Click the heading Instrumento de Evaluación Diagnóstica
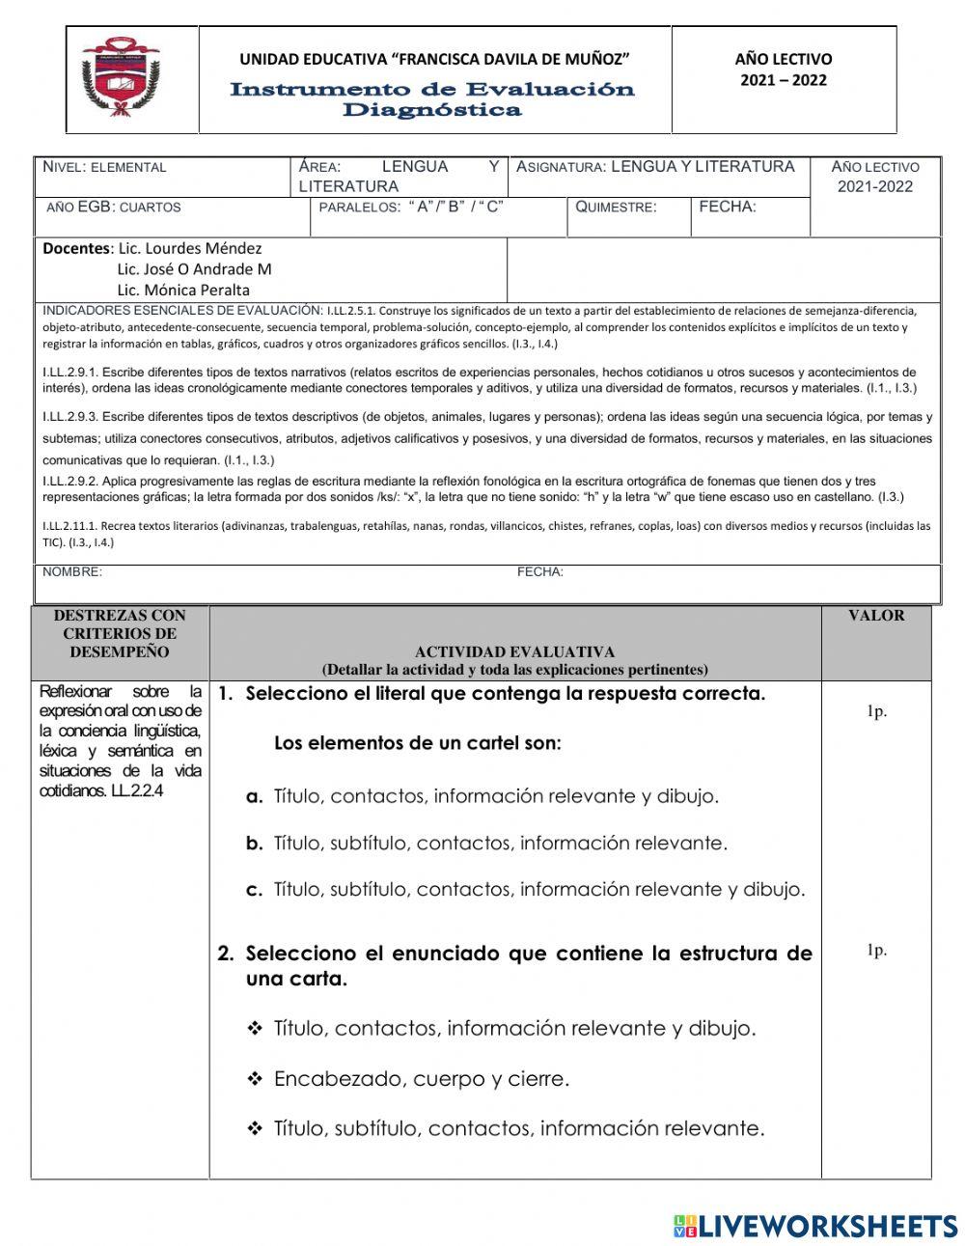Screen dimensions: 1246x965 pyautogui.click(x=432, y=99)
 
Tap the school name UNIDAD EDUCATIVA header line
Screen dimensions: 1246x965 pyautogui.click(x=434, y=60)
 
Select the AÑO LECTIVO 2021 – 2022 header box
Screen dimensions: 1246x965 pyautogui.click(x=783, y=69)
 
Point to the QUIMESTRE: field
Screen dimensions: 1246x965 pyautogui.click(x=616, y=207)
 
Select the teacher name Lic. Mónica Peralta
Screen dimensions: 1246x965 pyautogui.click(x=183, y=290)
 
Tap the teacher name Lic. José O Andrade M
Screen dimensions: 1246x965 pyautogui.click(x=194, y=269)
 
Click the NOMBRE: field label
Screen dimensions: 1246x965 pyautogui.click(x=72, y=572)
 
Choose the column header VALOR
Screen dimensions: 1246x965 pyautogui.click(x=875, y=616)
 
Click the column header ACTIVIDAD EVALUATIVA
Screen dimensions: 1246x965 pyautogui.click(x=514, y=652)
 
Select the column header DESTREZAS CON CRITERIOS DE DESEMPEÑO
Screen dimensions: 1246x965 pyautogui.click(x=120, y=633)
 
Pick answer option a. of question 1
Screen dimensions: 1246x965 pyautogui.click(x=482, y=796)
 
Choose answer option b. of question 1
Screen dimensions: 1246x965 pyautogui.click(x=486, y=843)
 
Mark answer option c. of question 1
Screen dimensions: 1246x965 pyautogui.click(x=525, y=889)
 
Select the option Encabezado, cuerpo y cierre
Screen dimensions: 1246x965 pyautogui.click(x=421, y=1079)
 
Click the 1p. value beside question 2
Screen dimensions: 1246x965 pyautogui.click(x=875, y=951)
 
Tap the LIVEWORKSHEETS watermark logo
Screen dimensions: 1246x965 pyautogui.click(x=815, y=1226)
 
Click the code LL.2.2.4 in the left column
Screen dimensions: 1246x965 pyautogui.click(x=145, y=790)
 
